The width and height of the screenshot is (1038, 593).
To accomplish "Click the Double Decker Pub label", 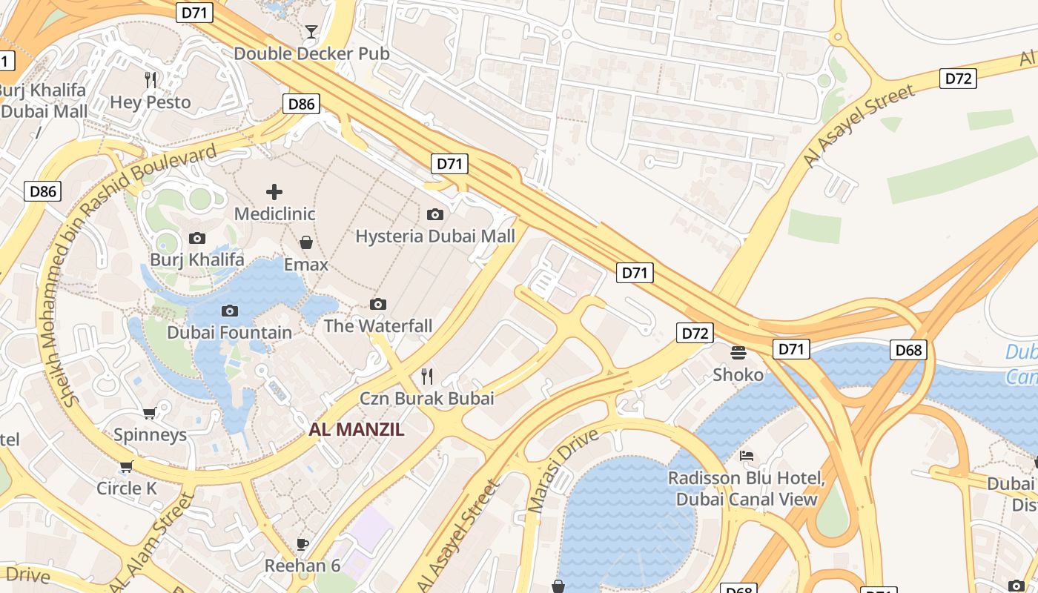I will click(311, 54).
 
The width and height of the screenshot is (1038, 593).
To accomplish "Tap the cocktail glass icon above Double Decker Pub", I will click(311, 31).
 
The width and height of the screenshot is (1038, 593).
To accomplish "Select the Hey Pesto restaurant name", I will click(151, 102).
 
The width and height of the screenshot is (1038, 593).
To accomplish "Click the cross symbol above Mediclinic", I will click(274, 192).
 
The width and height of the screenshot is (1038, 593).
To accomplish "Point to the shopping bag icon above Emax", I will click(305, 242).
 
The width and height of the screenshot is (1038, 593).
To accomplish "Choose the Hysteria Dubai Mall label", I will click(435, 236).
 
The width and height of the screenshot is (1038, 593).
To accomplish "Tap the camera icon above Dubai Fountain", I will click(230, 311).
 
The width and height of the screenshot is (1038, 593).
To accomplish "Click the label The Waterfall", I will click(378, 326).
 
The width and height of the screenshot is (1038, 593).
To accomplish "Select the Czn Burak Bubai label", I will click(427, 398).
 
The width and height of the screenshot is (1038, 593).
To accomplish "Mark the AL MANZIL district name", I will click(357, 430).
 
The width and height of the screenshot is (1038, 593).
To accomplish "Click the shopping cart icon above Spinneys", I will click(150, 413).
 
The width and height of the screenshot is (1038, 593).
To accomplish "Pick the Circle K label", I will click(127, 488).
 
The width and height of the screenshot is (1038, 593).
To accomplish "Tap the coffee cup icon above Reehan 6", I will click(303, 544).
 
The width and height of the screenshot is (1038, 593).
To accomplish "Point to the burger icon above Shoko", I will click(738, 352).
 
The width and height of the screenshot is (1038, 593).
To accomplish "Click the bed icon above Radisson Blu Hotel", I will click(747, 455).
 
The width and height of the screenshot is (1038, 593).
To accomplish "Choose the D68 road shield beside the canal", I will click(909, 350).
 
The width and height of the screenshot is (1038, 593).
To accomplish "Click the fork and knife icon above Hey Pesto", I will click(151, 79).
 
